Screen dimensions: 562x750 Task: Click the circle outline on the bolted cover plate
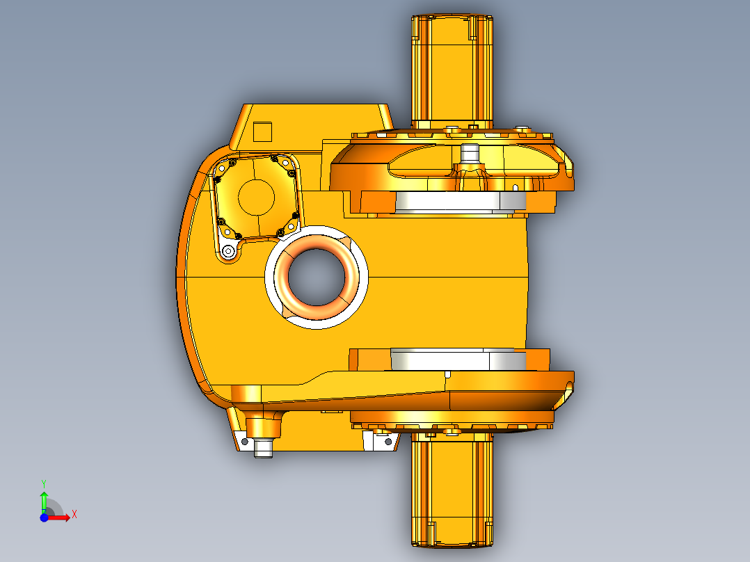click(256, 196)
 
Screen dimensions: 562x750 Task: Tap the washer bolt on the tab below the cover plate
click(228, 251)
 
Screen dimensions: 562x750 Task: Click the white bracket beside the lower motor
click(382, 441)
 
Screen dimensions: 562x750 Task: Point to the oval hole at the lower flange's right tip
click(571, 383)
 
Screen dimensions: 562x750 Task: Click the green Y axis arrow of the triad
click(44, 499)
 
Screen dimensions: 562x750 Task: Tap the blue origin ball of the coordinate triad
click(44, 517)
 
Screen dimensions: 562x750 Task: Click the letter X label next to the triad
click(74, 514)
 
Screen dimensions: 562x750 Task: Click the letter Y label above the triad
click(43, 483)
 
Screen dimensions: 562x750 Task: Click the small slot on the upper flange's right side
click(515, 187)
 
